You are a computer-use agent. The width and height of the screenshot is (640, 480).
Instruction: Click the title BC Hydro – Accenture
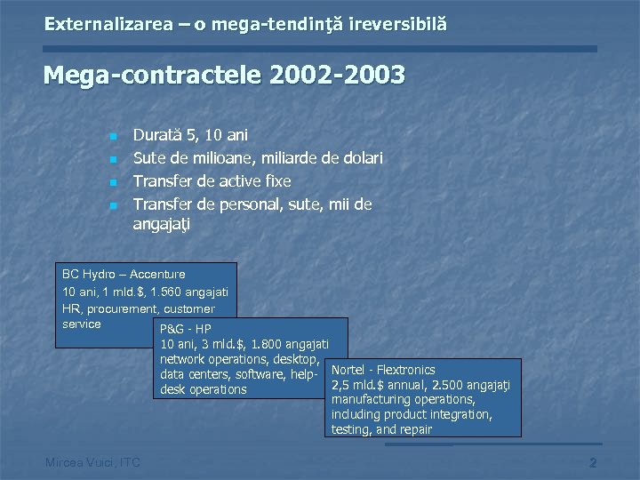pyautogui.click(x=124, y=275)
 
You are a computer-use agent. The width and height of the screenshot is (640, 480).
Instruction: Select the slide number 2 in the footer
pyautogui.click(x=593, y=462)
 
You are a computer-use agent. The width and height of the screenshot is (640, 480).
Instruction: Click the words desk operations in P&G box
pyautogui.click(x=204, y=390)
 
